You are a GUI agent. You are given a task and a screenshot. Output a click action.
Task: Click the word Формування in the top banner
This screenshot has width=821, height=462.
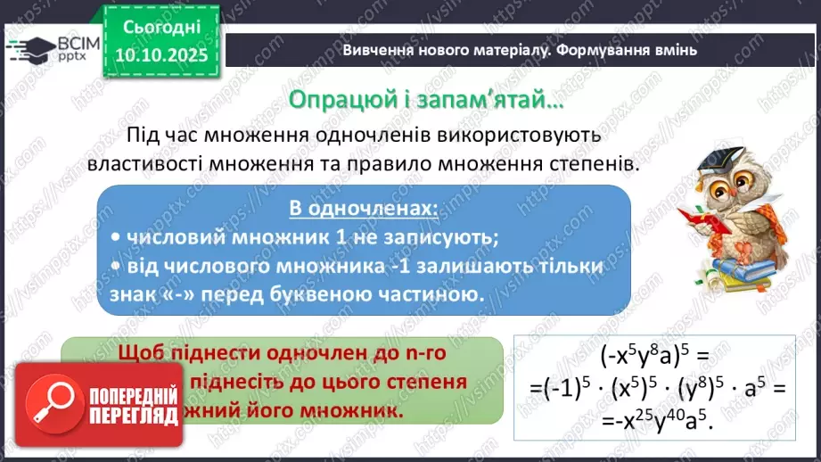tap(594, 51)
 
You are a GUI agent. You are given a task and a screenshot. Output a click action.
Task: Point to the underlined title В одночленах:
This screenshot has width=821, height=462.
tap(364, 209)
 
